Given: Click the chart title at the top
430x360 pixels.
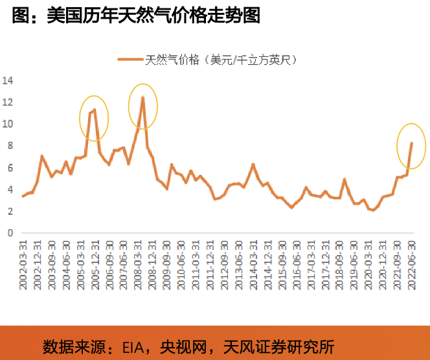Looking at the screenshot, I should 136,16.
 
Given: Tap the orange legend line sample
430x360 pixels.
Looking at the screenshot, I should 130,60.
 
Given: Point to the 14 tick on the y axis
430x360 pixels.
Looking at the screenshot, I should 8,81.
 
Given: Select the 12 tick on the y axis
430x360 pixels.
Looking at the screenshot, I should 8,102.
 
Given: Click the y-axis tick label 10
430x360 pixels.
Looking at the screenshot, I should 8,124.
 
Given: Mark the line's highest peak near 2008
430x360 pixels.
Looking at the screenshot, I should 142,97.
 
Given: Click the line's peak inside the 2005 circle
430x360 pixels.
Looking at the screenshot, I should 95,109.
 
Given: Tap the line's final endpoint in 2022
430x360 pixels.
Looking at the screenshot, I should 411,143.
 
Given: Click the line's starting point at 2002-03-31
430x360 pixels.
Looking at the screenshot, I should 23,196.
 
